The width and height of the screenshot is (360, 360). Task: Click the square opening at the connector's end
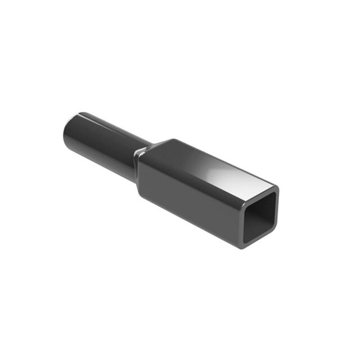click(x=260, y=216)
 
